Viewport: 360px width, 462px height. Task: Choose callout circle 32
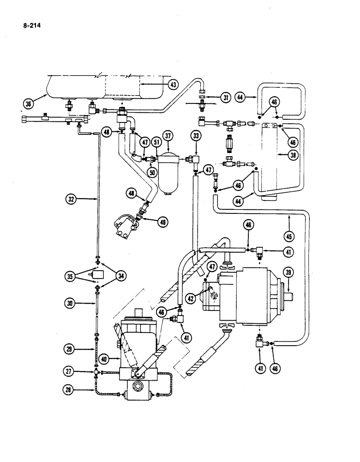[71, 200]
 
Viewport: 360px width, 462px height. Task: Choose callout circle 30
[70, 304]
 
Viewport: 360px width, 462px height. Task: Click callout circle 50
[152, 172]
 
